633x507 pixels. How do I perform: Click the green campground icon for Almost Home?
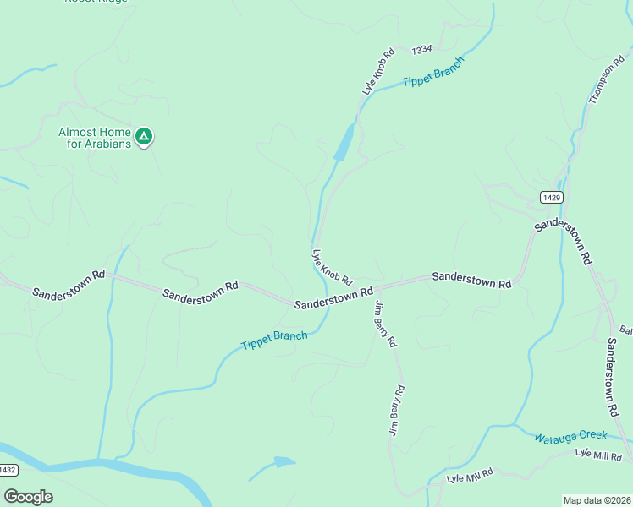(x=144, y=135)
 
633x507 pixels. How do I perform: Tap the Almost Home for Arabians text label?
(x=94, y=138)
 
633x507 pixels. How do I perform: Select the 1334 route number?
(x=422, y=51)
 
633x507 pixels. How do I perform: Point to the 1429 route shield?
(x=551, y=197)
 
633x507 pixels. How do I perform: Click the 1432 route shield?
(x=8, y=470)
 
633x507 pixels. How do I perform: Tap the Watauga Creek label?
(x=570, y=436)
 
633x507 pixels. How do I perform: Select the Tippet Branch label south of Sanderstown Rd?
(x=273, y=341)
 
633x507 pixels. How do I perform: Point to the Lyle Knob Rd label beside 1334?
(x=378, y=71)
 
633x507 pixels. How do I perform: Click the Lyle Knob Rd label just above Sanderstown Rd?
(x=332, y=267)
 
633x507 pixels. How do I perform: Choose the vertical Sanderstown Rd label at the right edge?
(x=612, y=376)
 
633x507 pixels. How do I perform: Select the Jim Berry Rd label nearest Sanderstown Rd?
(x=385, y=324)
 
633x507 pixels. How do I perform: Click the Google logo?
(x=28, y=497)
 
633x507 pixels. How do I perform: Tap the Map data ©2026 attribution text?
(x=597, y=500)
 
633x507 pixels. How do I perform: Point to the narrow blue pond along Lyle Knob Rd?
(x=344, y=141)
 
